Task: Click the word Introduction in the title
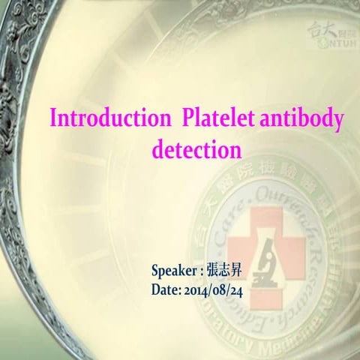coord(104,118)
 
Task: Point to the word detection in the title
coord(196,148)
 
